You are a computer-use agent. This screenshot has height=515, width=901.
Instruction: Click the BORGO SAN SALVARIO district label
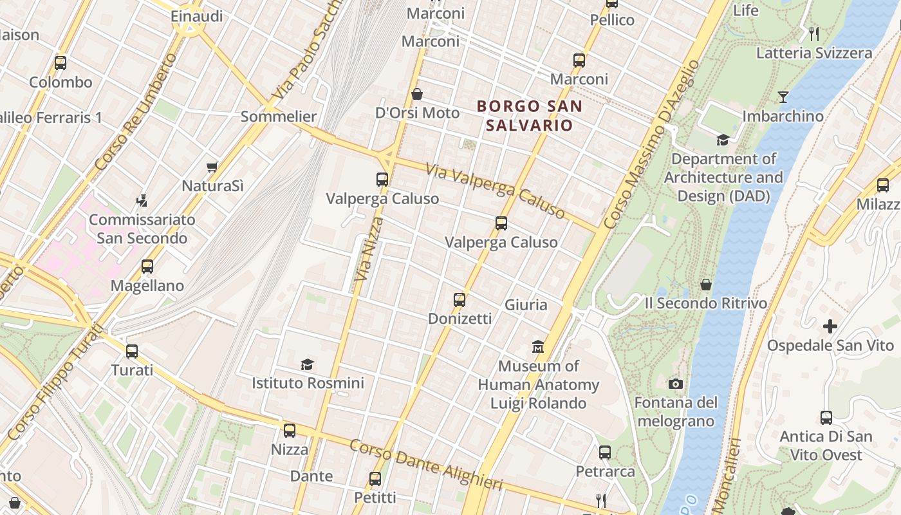529,116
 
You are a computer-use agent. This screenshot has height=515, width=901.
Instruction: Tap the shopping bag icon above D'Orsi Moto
417,95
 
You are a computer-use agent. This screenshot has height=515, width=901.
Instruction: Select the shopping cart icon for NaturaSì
212,167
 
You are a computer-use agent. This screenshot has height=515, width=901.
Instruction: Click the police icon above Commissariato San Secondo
142,201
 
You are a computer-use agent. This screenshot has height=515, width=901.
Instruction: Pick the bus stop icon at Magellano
147,267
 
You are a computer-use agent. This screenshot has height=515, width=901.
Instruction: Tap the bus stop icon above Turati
132,351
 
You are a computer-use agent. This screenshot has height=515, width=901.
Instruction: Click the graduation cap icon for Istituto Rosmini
307,365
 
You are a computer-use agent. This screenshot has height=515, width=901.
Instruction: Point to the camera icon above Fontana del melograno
675,384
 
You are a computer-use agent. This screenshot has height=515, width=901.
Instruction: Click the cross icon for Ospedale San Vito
830,326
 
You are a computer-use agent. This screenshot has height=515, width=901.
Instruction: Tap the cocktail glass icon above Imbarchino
783,97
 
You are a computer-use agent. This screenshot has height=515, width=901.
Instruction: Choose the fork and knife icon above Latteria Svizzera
814,34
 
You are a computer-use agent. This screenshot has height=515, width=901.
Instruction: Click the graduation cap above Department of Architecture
723,140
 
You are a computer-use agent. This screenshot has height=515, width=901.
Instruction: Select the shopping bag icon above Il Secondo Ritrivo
706,285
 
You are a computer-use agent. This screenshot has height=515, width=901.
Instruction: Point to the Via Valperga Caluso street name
496,191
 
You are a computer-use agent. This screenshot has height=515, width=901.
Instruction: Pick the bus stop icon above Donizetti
460,300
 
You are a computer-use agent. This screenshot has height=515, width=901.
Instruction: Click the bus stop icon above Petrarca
604,453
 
